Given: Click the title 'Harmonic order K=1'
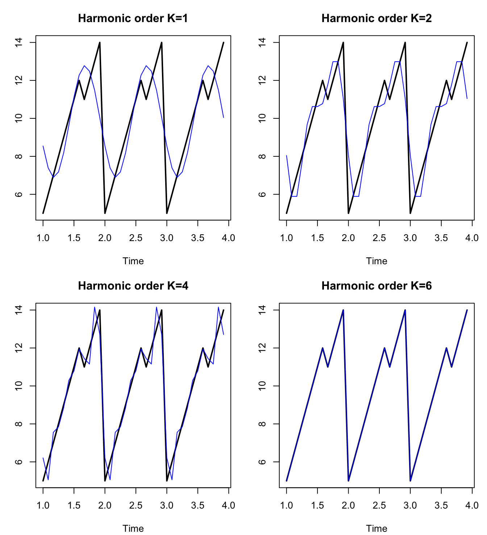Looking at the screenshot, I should [x=133, y=18].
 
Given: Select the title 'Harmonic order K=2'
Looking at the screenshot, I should [x=376, y=18].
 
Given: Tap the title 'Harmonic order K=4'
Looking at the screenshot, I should [x=133, y=286].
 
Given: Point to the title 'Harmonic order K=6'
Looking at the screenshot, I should [x=376, y=286].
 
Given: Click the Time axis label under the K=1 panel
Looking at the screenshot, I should [x=133, y=261].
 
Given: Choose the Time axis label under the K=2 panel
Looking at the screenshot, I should [x=376, y=261].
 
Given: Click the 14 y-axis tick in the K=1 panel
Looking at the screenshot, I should [x=18, y=42].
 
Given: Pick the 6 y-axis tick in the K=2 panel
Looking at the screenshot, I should [x=262, y=194].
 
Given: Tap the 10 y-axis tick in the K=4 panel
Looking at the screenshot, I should [x=18, y=386].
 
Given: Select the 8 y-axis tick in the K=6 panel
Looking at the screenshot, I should [x=262, y=424].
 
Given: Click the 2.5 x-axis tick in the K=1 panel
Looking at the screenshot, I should [x=136, y=238].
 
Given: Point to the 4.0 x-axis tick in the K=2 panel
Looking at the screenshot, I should [x=472, y=238].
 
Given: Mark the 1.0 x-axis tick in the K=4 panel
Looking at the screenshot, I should [x=43, y=505].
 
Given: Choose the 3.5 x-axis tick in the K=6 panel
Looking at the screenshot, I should [x=441, y=505].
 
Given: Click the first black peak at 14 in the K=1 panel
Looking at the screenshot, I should [x=100, y=42].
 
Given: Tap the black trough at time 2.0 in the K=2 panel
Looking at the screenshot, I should [x=349, y=213].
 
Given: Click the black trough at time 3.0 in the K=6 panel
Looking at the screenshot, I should [x=410, y=481].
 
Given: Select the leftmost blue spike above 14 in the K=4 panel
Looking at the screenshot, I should [x=95, y=307].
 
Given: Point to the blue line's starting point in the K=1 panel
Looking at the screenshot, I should [x=43, y=146].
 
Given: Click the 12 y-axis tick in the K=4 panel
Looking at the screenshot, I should [x=18, y=348].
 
